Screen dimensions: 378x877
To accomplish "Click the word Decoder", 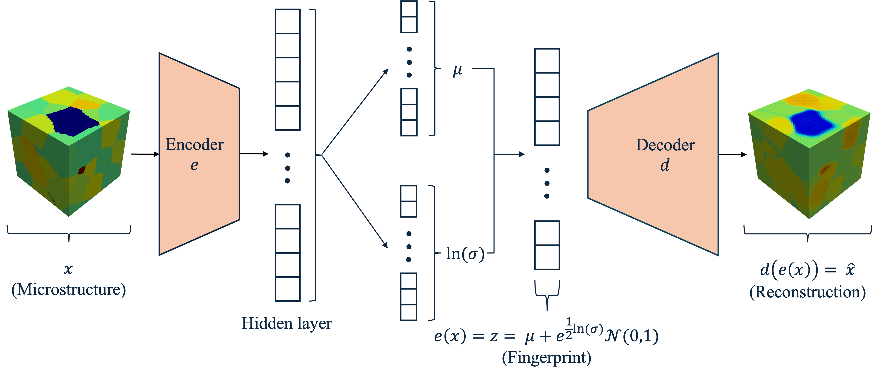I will (665, 145).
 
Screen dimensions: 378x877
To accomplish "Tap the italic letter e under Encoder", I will (194, 165).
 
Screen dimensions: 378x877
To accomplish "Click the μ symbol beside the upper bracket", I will (458, 70).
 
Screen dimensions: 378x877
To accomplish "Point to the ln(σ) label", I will (465, 254).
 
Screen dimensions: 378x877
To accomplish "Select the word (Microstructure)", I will (69, 290).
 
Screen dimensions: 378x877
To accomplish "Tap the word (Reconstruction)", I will (807, 292).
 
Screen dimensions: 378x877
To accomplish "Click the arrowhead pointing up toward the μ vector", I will (386, 71).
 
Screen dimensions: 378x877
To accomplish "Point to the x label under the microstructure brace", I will (68, 269).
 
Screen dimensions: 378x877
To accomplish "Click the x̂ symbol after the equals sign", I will (850, 270).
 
